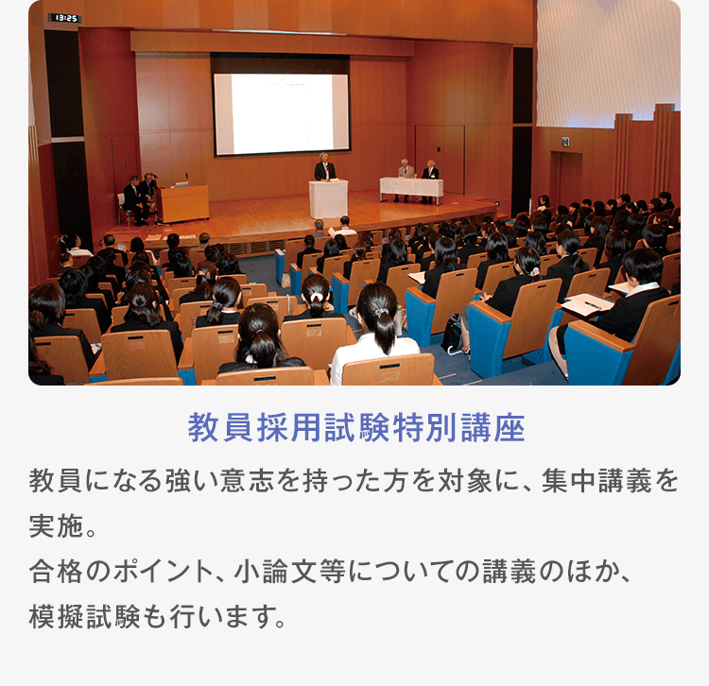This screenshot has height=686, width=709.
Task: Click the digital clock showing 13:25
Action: pyautogui.click(x=65, y=18)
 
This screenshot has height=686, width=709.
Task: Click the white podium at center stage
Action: pyautogui.click(x=328, y=198)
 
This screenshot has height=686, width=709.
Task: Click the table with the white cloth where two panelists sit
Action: pyautogui.click(x=411, y=188)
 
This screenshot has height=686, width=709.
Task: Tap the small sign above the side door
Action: pyautogui.click(x=565, y=143)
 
